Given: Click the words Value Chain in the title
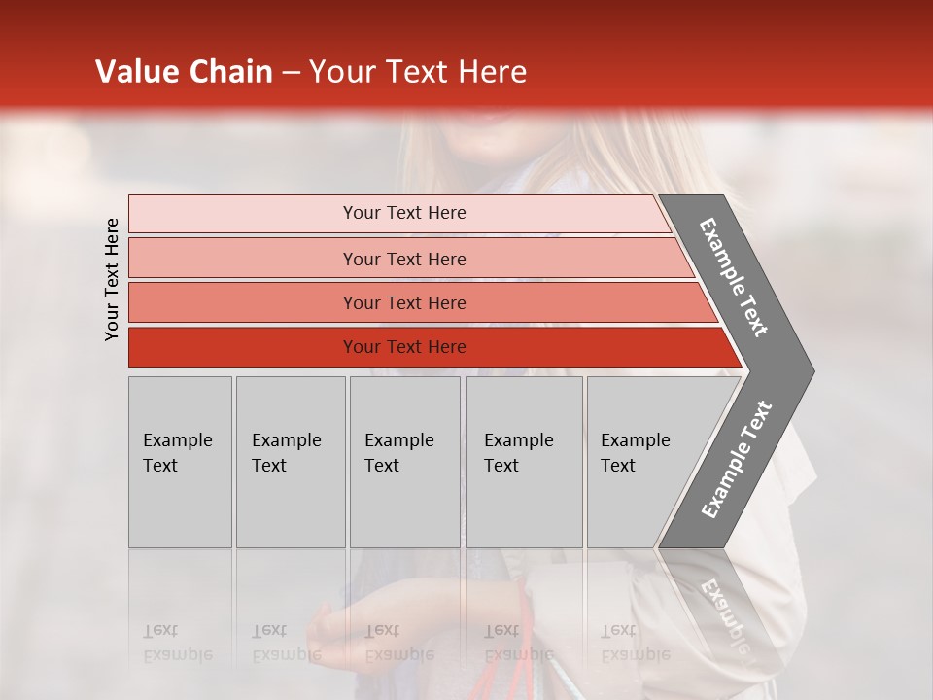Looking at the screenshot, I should [184, 72].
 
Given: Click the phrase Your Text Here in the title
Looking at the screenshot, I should [418, 72].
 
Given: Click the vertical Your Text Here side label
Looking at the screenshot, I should [112, 279].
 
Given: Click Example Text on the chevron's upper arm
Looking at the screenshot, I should [734, 277].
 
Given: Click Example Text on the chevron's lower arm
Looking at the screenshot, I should [737, 460].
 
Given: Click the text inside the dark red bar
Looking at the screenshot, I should [404, 347].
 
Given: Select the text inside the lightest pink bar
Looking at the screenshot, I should [404, 213].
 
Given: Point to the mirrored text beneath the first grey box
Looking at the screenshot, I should [177, 643].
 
